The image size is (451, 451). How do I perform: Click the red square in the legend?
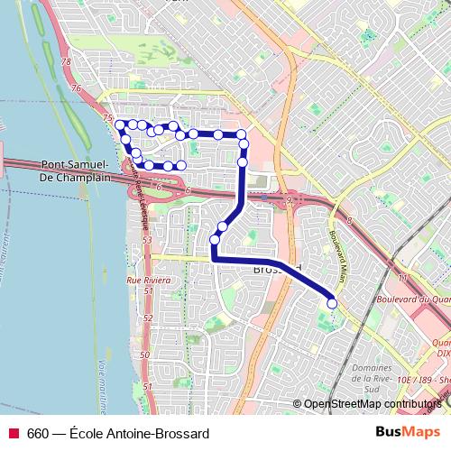pos(14,434)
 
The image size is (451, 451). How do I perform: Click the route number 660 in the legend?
pos(37,434)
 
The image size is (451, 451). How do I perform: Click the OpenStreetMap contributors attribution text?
pos(371,406)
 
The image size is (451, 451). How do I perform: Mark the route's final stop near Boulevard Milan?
pos(331,304)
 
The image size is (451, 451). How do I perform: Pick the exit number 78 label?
pos(64,62)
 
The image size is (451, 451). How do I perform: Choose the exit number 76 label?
pos(76,88)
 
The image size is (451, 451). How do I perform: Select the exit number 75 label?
pos(108,119)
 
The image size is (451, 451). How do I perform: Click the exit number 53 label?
pos(145,240)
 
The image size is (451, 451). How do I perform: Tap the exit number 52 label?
pos(146,318)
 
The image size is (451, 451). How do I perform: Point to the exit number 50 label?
pos(144,355)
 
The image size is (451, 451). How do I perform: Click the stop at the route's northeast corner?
pos(242,134)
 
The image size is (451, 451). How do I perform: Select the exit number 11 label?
pos(403,277)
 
